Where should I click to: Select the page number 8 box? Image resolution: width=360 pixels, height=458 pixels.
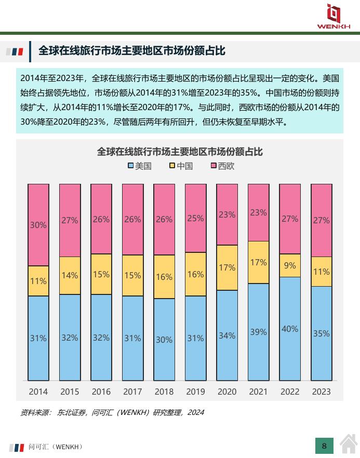click(x=324, y=446)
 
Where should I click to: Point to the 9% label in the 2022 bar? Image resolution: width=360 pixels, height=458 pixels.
click(x=290, y=265)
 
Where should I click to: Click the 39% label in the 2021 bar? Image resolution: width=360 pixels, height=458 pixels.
click(x=258, y=332)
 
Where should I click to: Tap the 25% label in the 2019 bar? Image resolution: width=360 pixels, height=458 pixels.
click(x=195, y=218)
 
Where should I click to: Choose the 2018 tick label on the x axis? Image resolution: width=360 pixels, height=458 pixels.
click(x=164, y=392)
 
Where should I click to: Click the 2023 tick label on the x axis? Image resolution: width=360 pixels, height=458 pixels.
click(x=321, y=392)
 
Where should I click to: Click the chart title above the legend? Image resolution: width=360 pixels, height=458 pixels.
click(x=180, y=152)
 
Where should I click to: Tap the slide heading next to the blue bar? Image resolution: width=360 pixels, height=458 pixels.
click(x=132, y=51)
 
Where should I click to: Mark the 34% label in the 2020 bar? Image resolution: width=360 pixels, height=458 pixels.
click(x=227, y=335)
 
